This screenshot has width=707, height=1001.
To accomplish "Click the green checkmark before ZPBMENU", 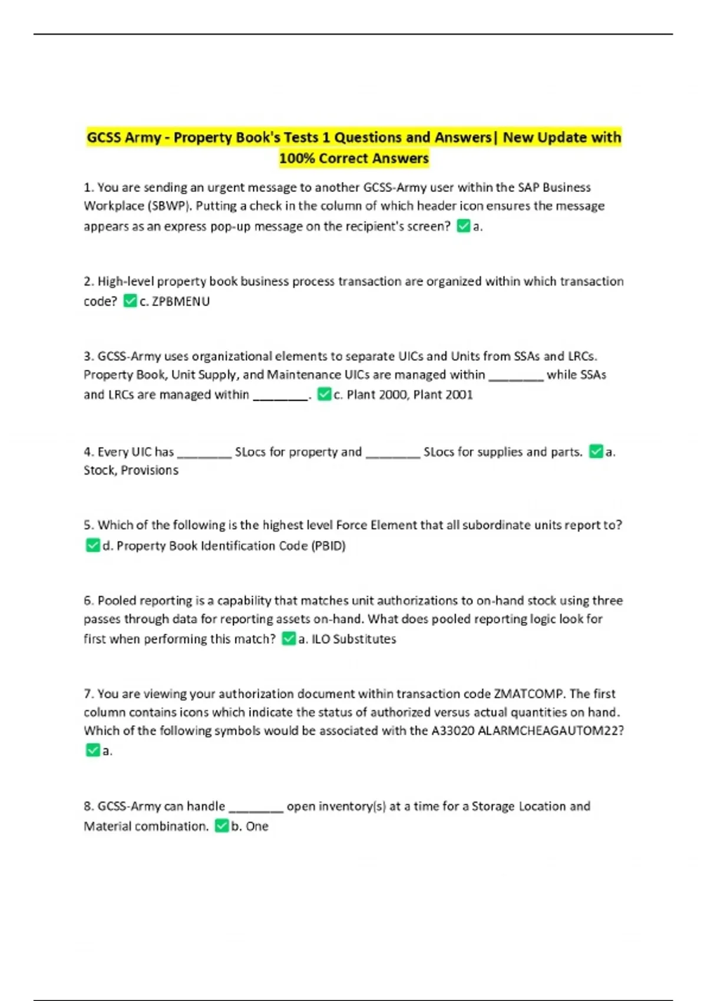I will (130, 301).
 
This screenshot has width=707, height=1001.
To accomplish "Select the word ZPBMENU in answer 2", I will (181, 301).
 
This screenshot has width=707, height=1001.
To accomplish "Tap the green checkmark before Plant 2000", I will (323, 395).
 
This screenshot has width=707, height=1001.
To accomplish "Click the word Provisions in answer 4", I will (150, 470).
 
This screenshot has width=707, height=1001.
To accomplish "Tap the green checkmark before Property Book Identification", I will (92, 546).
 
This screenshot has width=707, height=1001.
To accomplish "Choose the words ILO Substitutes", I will (353, 639).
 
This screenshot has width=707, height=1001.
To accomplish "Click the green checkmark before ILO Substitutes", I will (288, 639).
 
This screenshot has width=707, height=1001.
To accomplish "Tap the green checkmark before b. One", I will (222, 826).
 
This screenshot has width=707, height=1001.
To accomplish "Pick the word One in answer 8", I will (257, 826).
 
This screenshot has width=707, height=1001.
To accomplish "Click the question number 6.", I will (88, 601).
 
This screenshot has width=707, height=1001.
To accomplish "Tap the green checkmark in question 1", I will (464, 226).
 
